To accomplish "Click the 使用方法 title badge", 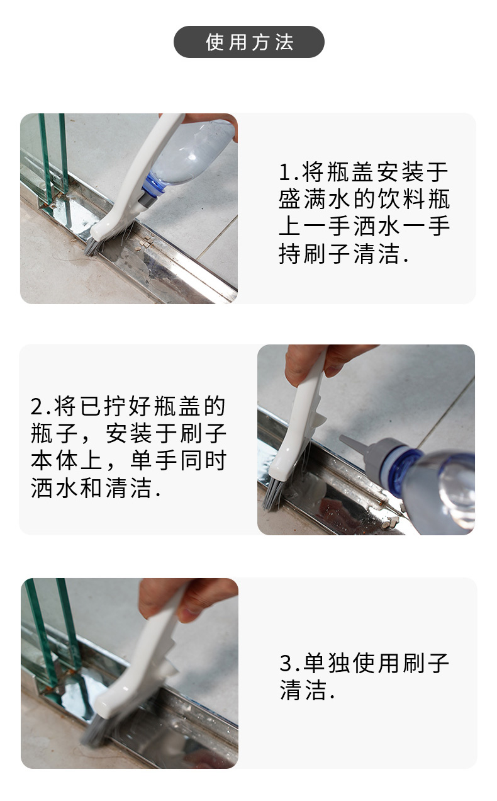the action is click(x=248, y=42).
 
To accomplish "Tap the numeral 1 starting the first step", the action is click(x=286, y=172).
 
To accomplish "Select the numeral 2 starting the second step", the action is click(x=37, y=407).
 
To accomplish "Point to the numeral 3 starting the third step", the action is click(x=286, y=663).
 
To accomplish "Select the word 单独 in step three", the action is click(x=327, y=663).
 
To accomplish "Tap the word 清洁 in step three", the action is click(x=303, y=690).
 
